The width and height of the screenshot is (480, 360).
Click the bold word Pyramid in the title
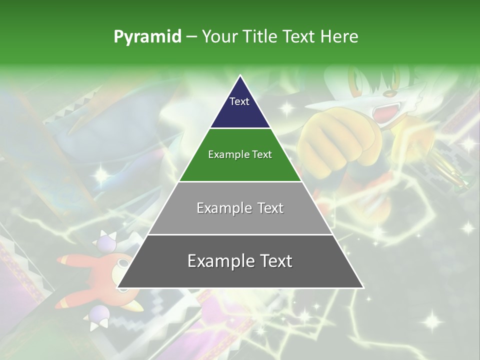[147, 37]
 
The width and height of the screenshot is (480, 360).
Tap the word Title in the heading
[259, 37]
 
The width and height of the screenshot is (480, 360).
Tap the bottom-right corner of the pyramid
[362, 287]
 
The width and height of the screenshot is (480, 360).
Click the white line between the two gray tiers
[240, 234]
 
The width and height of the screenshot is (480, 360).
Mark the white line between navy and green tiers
[240, 128]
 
